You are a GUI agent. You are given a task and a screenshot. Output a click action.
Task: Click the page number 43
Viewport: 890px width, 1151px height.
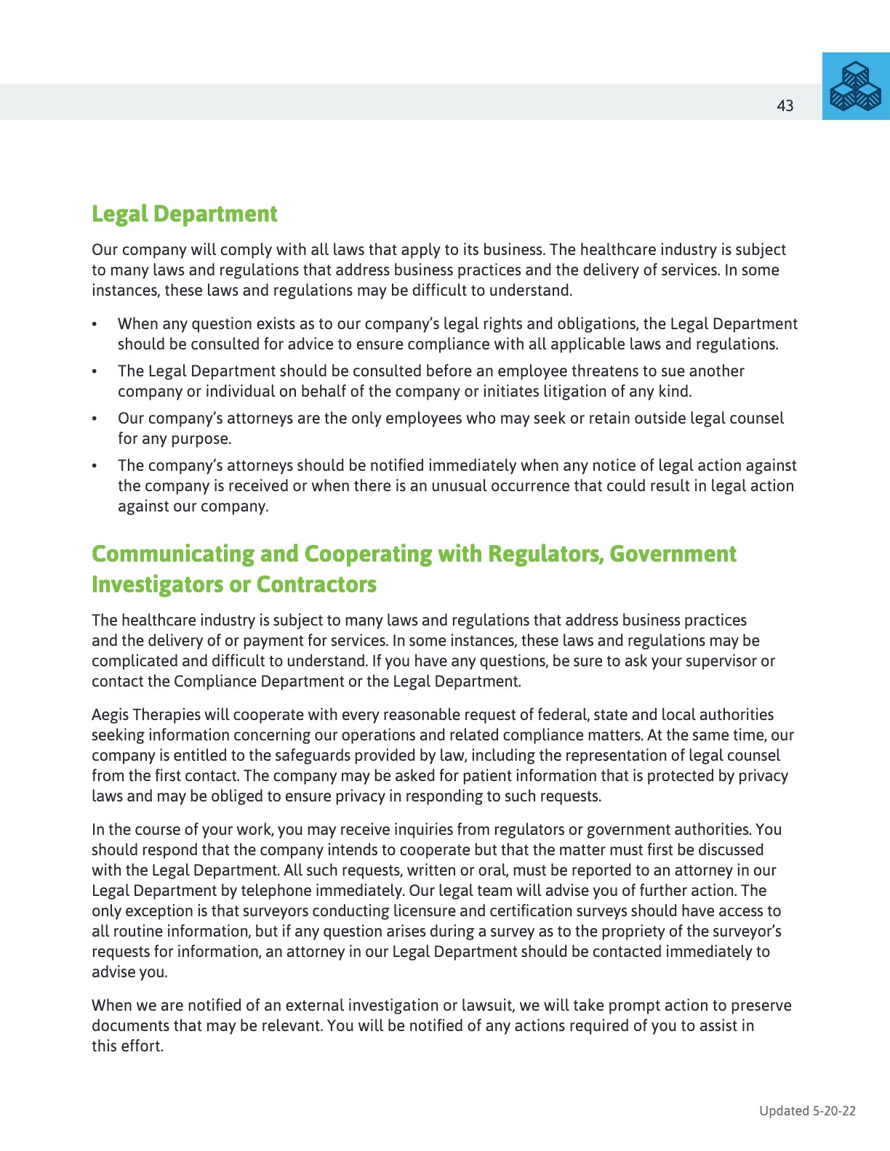(x=785, y=106)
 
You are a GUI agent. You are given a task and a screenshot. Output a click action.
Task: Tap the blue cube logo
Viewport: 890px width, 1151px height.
(x=856, y=86)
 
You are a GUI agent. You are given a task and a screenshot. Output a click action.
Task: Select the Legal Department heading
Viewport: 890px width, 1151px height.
(x=184, y=214)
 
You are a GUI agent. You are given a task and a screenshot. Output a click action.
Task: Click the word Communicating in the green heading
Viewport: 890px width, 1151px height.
(x=172, y=554)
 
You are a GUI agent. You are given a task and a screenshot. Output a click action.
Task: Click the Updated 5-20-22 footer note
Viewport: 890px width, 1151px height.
(x=807, y=1110)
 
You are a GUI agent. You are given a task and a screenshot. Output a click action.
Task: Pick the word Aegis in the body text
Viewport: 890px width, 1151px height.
(x=110, y=715)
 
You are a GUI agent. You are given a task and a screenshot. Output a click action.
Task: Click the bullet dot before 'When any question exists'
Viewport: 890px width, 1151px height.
(x=95, y=324)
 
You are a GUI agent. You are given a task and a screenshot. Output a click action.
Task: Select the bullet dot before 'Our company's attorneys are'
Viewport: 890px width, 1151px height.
(x=95, y=419)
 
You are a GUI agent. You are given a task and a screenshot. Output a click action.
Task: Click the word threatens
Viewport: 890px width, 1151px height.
(x=598, y=371)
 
